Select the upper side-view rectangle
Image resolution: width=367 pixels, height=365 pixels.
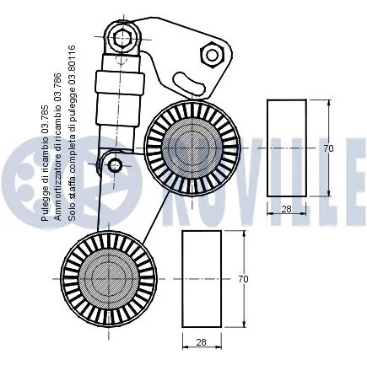[286, 148]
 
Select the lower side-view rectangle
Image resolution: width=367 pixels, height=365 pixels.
[202, 278]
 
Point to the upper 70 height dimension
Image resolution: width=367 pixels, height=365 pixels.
[328, 148]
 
